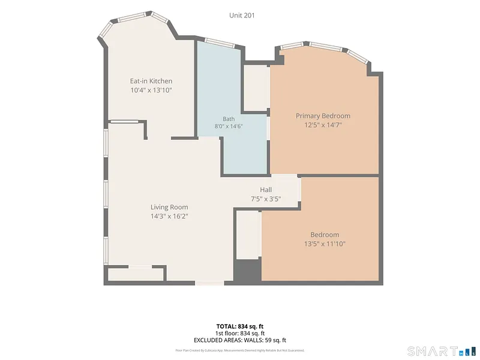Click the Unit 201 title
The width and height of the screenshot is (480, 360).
(242, 16)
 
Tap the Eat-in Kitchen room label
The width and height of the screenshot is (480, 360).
(151, 81)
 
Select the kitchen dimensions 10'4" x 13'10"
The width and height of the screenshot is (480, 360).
(151, 91)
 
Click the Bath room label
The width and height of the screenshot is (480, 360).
(229, 119)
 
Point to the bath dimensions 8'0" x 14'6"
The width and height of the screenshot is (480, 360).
(229, 126)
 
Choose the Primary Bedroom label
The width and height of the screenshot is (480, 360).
(323, 116)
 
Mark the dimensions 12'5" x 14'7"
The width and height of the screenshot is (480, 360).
(323, 125)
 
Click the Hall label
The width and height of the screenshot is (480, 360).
(266, 190)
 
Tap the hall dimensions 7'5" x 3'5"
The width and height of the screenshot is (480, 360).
(266, 199)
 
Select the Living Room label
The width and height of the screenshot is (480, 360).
(169, 207)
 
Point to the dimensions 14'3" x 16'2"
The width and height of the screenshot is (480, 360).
(169, 217)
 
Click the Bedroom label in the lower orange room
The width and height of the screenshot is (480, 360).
(325, 235)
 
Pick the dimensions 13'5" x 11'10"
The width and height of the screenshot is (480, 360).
(325, 244)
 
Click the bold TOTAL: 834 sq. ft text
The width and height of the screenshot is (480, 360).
(239, 326)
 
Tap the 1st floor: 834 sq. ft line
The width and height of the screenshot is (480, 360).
(239, 334)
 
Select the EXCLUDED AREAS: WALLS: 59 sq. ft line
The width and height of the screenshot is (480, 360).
(239, 340)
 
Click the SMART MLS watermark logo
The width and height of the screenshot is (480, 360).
(442, 351)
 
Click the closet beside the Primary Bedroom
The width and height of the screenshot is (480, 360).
(257, 88)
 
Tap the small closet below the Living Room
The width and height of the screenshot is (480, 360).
(136, 274)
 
